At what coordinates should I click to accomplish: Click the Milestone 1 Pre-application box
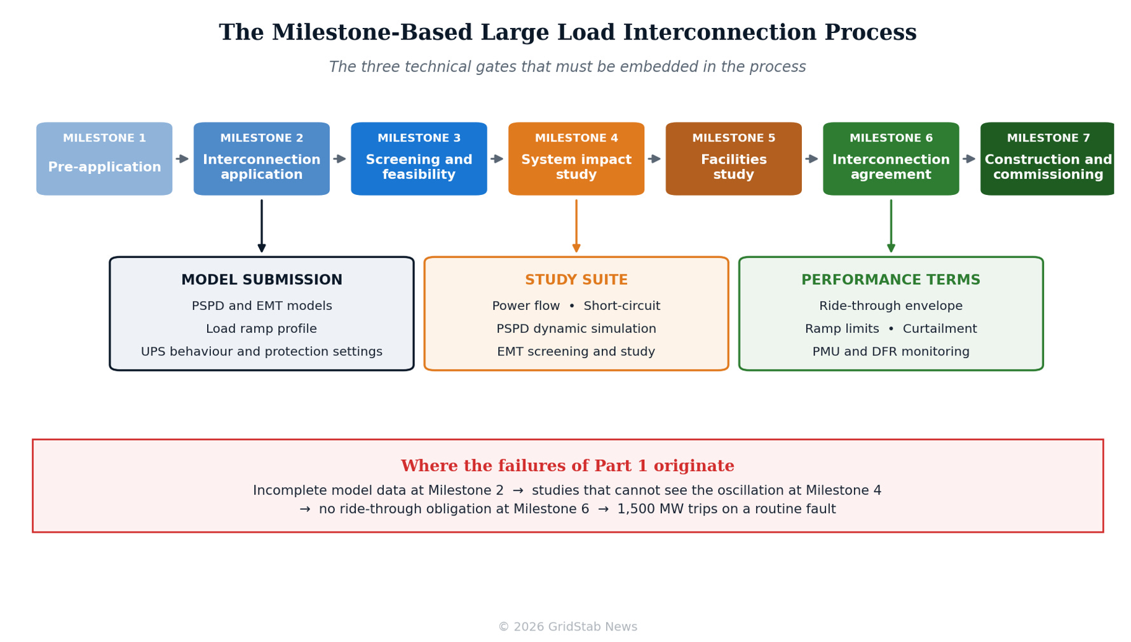[x=104, y=159]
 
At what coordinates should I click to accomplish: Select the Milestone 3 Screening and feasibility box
[x=419, y=159]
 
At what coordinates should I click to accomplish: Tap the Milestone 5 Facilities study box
[x=733, y=159]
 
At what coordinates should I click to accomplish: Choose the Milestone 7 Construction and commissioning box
[x=1047, y=159]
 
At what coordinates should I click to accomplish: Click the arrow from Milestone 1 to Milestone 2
[x=182, y=159]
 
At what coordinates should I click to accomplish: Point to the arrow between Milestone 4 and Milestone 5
[x=654, y=159]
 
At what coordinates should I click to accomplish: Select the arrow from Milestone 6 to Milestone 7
[x=969, y=159]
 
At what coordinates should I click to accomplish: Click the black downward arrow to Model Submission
[x=262, y=226]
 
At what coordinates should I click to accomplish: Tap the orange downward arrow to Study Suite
[x=576, y=226]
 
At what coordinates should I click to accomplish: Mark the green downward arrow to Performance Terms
[x=891, y=226]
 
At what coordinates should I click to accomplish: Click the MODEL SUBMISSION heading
[x=262, y=280]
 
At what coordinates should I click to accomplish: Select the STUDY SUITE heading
[x=576, y=280]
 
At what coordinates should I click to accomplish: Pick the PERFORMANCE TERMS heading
[x=891, y=280]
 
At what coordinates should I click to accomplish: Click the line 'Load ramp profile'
[x=262, y=329]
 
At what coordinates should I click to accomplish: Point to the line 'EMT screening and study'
[x=576, y=352]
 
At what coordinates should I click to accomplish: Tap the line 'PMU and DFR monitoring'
[x=891, y=352]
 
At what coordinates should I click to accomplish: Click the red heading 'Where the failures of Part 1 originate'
[x=567, y=466]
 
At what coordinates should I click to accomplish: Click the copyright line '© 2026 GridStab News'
[x=567, y=627]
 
